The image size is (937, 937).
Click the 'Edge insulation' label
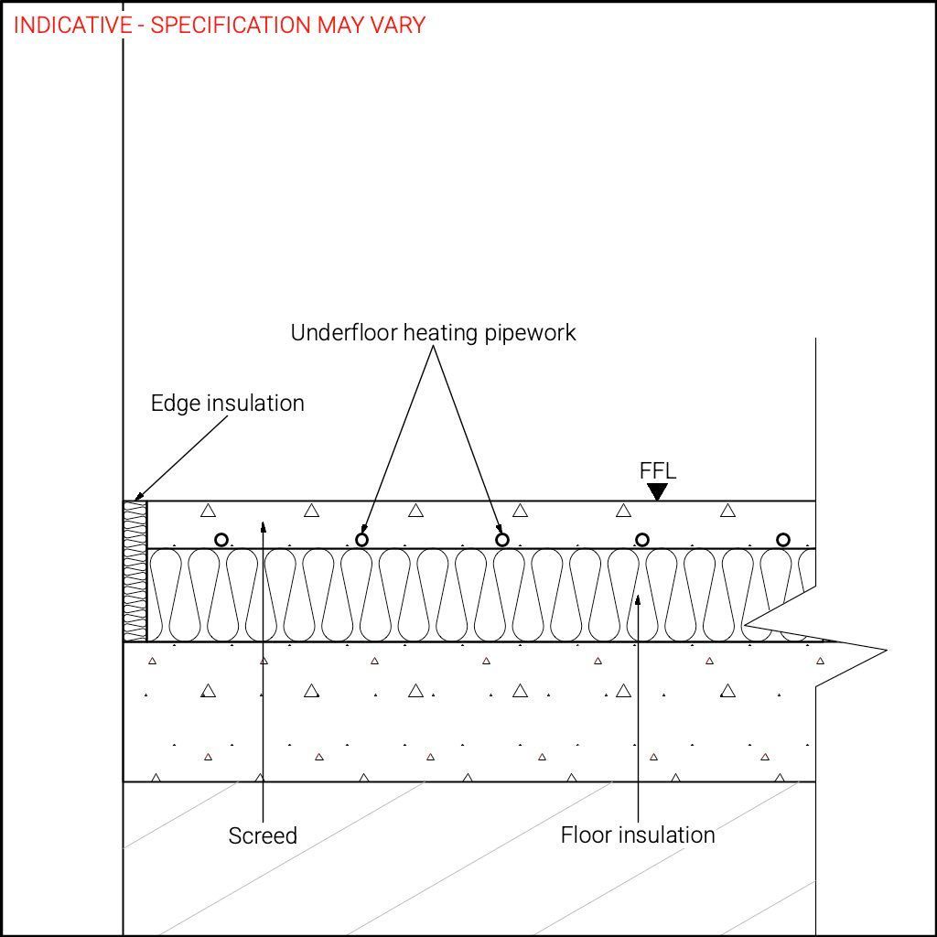[x=227, y=404]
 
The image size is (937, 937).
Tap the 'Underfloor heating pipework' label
[x=433, y=333]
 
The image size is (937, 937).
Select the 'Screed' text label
[x=263, y=835]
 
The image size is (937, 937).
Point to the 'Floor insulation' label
[x=638, y=835]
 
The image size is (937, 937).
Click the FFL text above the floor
[x=657, y=471]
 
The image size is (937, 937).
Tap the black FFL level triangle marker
[x=657, y=492]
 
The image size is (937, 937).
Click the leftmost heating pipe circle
[x=221, y=540]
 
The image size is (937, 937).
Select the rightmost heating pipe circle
[x=783, y=540]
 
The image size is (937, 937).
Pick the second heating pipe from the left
[x=361, y=540]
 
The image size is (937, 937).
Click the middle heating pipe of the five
[x=502, y=540]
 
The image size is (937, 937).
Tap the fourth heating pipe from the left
[x=642, y=540]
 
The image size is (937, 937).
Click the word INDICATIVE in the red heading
[x=72, y=25]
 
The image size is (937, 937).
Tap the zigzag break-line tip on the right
[x=885, y=651]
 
